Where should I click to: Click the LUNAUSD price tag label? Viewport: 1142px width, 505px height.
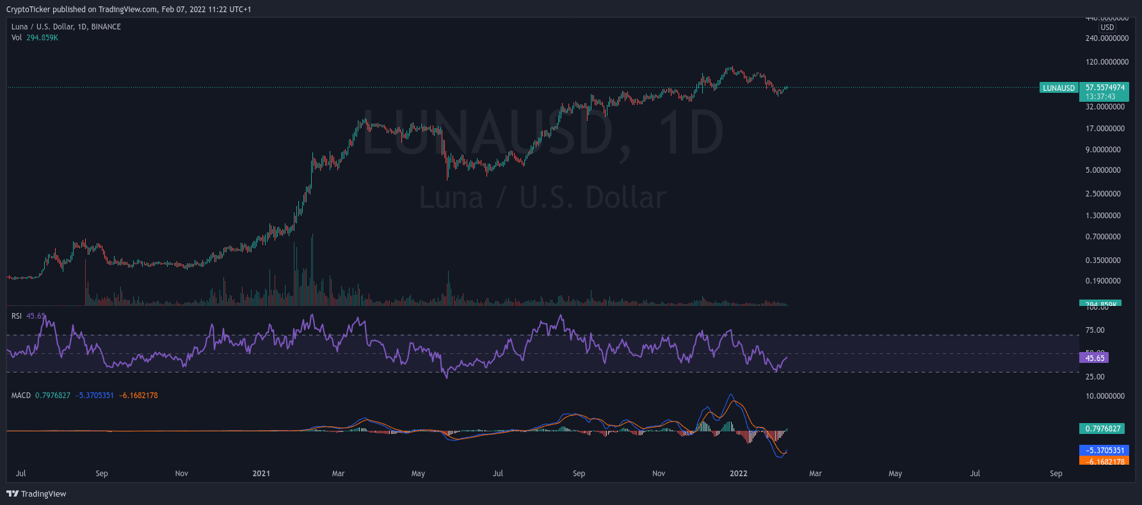[1059, 88]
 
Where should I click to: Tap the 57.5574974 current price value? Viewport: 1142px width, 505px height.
[1105, 88]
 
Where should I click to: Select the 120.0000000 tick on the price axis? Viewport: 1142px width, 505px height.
[1107, 62]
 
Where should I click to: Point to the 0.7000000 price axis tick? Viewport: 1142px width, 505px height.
[1103, 237]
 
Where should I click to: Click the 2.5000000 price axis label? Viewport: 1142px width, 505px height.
[1103, 194]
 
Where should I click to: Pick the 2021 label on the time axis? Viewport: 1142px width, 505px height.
[261, 474]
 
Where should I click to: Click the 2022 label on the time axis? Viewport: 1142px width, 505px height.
[738, 474]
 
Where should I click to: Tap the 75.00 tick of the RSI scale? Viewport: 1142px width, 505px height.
[1095, 330]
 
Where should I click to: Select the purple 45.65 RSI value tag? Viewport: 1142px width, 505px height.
[1095, 358]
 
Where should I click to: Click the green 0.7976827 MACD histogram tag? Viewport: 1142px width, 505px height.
[1103, 429]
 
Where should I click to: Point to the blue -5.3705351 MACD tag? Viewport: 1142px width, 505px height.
[1104, 451]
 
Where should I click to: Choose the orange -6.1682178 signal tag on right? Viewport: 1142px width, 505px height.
[1104, 461]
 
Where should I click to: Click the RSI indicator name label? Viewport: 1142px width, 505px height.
[17, 316]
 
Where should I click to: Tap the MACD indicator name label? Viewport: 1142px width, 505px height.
[21, 396]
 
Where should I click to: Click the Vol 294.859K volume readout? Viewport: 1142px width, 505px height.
[35, 38]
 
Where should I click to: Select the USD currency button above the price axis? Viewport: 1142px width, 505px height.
[1107, 28]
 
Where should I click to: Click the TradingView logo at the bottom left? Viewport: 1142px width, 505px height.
[36, 493]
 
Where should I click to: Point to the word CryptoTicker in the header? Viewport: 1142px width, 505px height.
[28, 10]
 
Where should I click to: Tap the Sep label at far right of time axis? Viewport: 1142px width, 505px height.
[1056, 474]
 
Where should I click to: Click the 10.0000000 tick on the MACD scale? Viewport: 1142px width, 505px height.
[1105, 396]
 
